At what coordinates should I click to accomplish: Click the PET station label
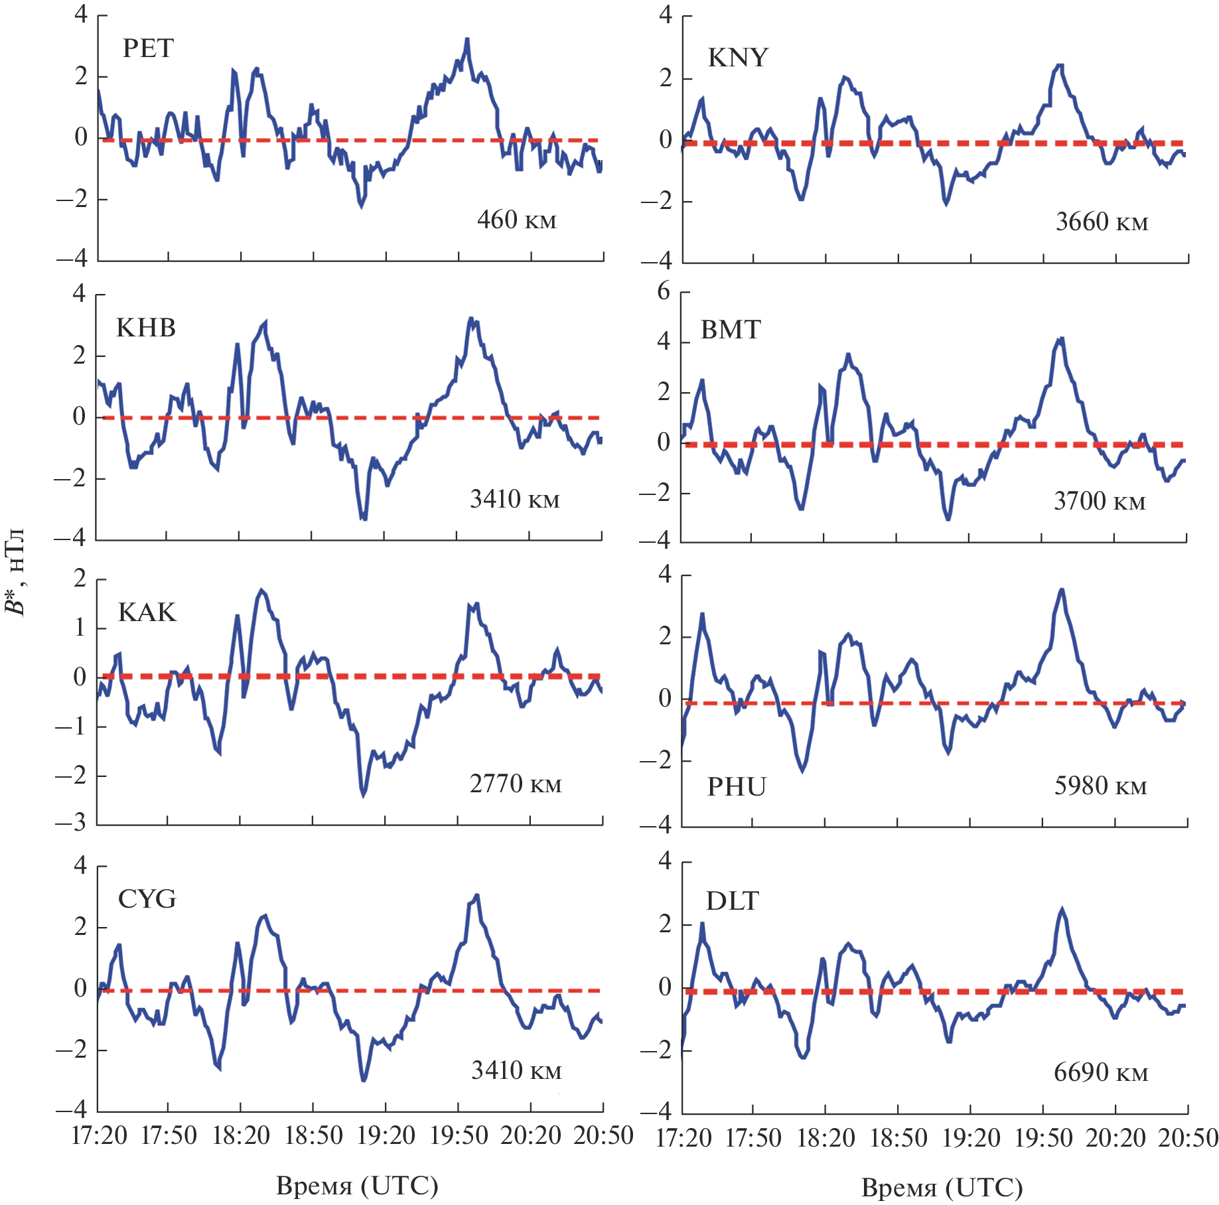coord(148,48)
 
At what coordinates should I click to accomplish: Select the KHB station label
coord(146,328)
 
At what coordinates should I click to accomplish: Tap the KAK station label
coord(147,612)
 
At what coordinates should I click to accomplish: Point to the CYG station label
coord(147,899)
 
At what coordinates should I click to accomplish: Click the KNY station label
coord(738,58)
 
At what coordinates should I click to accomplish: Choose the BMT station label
coord(731,330)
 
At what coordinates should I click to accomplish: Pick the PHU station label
coord(737,787)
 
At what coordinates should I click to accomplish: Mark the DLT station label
coord(733,901)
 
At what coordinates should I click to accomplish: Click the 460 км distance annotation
coord(516,220)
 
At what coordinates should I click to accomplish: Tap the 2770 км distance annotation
coord(516,784)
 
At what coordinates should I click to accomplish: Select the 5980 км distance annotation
coord(1100,786)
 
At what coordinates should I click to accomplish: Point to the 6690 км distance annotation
coord(1101,1072)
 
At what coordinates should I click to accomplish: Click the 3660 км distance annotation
coord(1102,222)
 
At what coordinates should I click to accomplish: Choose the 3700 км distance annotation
coord(1100,501)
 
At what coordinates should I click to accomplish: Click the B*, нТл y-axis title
coord(15,572)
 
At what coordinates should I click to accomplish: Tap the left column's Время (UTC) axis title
coord(357,1185)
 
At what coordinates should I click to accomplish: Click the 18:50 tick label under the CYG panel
coord(313,1135)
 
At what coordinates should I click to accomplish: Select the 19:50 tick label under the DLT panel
coord(1043,1138)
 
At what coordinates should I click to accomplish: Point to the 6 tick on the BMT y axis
coord(664,292)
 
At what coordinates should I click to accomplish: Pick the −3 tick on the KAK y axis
coord(71,823)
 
